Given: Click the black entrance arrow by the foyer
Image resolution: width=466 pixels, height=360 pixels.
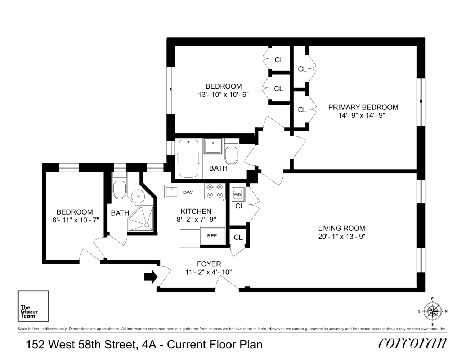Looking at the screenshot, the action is click(151, 277).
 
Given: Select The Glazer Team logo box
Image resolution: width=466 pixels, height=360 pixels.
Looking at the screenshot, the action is click(33, 306).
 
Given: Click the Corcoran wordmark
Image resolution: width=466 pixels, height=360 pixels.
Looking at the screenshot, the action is click(412, 344).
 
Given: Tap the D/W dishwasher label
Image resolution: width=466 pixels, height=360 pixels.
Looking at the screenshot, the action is click(188, 192).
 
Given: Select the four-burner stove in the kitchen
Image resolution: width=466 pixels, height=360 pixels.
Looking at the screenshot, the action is click(215, 191).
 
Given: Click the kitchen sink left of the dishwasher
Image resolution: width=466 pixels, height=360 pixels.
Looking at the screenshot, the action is click(171, 191).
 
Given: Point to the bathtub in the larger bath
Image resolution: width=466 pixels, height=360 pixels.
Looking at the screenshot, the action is click(188, 159).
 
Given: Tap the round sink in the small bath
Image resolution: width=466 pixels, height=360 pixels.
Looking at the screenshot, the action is click(138, 196).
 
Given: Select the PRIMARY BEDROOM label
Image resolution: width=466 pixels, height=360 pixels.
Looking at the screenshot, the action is click(363, 107).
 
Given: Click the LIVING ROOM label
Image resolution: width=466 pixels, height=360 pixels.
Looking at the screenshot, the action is click(341, 228).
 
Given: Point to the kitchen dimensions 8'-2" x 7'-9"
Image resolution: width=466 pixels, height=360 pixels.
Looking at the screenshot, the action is click(196, 220).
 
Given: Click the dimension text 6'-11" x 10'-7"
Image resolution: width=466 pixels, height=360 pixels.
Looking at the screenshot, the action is click(76, 220).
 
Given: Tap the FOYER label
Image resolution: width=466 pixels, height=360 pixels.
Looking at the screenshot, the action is click(209, 264).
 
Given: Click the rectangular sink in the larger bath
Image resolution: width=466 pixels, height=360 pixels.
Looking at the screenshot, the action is click(213, 146).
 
